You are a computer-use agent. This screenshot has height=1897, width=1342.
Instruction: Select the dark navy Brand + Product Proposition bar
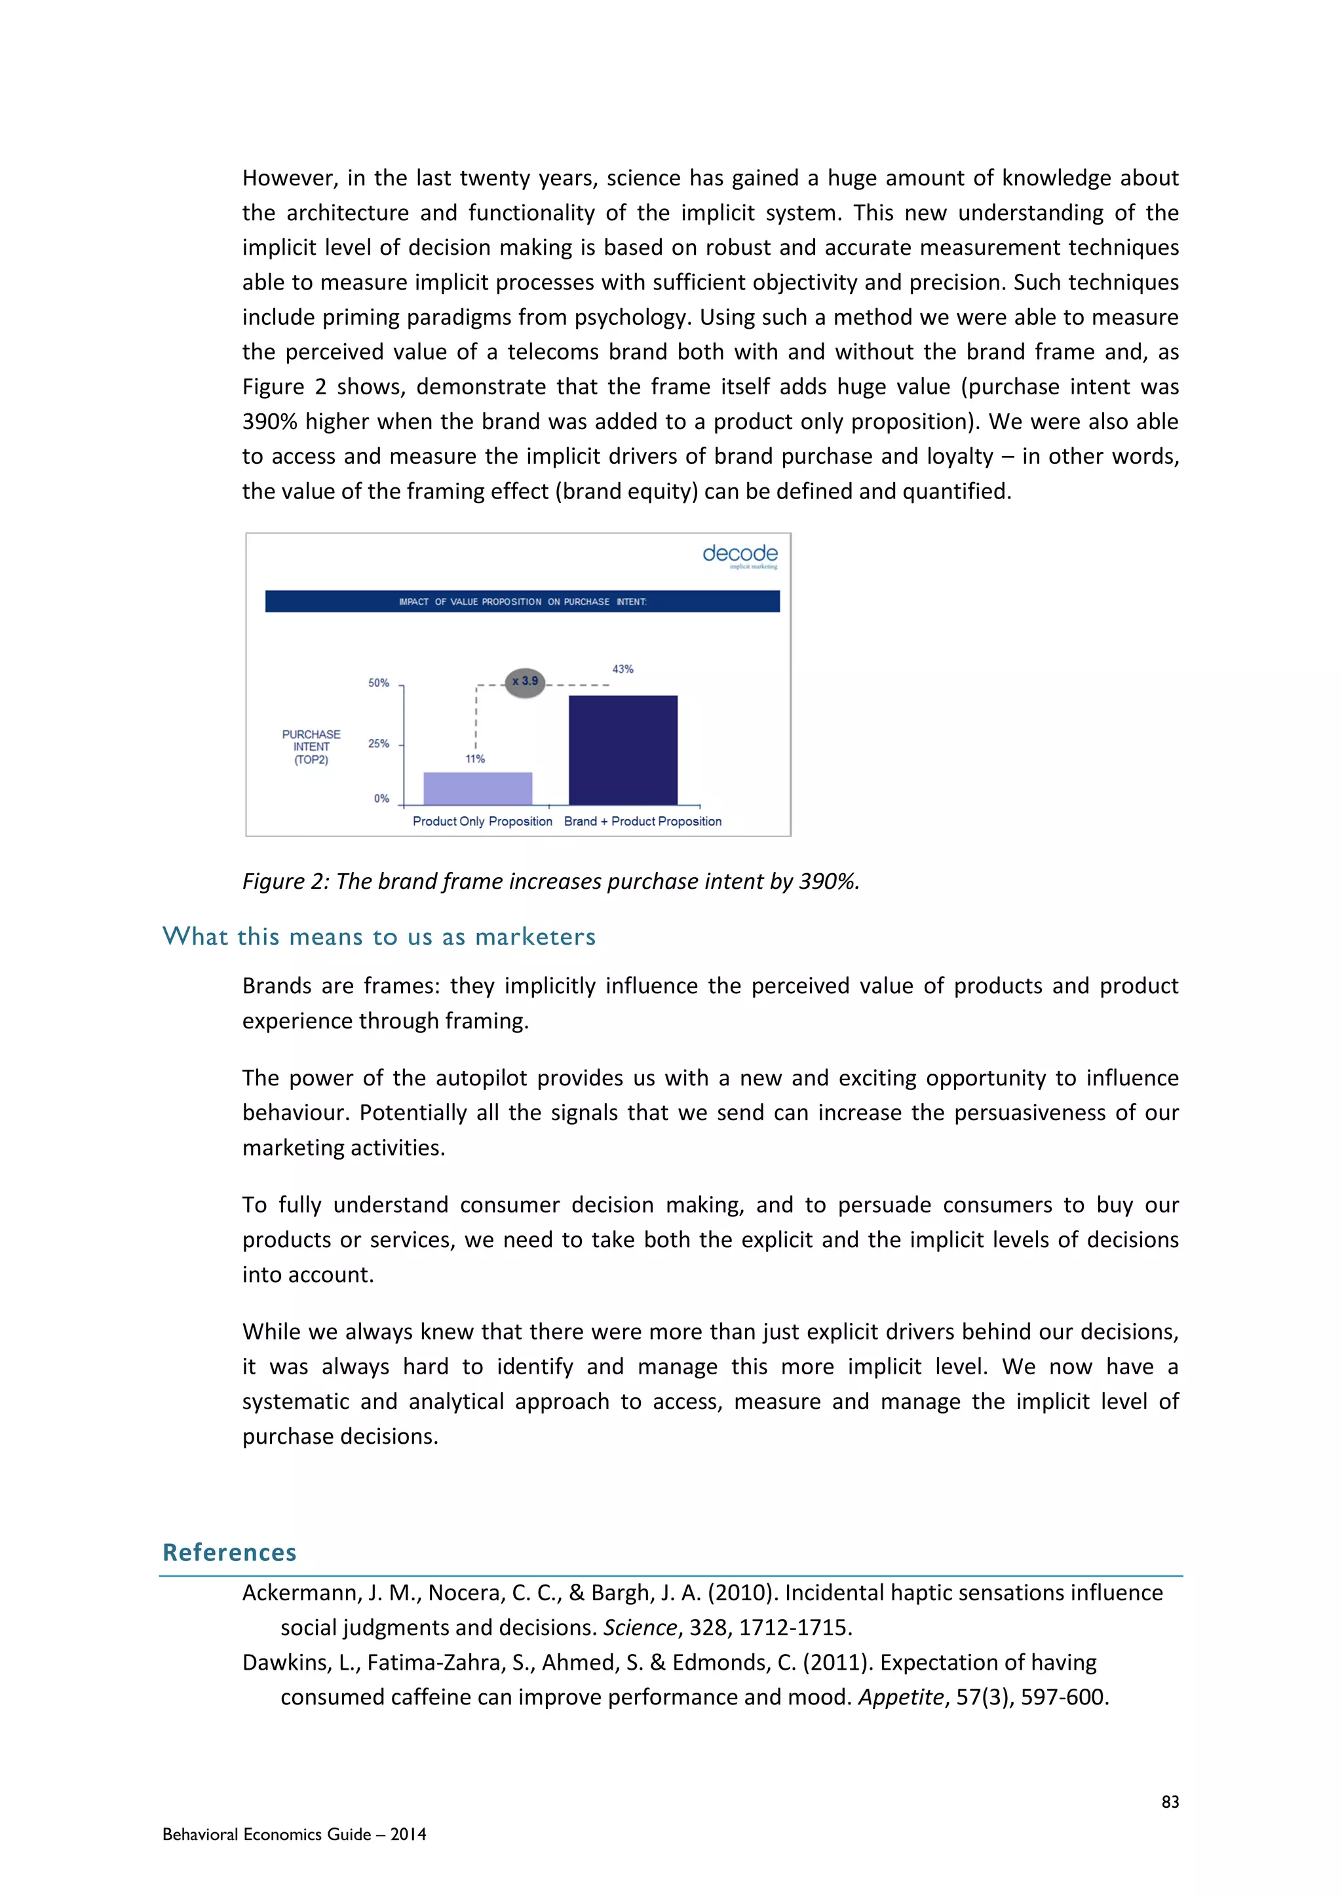[623, 749]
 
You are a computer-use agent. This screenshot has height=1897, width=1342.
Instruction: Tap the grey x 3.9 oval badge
[525, 682]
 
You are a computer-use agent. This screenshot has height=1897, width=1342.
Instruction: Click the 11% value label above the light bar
[475, 759]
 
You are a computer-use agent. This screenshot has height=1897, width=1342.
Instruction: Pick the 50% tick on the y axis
[379, 683]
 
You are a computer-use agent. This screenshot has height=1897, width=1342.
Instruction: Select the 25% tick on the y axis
[379, 743]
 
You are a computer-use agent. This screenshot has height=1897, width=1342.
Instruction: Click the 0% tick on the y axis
[381, 798]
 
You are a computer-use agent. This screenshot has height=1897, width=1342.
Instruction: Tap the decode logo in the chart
[740, 554]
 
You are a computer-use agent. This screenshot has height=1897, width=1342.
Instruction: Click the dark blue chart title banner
[522, 601]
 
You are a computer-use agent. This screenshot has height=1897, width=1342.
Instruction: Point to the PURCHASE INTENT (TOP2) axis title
[311, 746]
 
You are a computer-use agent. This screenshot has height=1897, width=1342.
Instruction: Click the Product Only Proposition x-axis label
[482, 821]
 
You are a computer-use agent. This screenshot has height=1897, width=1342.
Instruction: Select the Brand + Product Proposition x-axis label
[642, 821]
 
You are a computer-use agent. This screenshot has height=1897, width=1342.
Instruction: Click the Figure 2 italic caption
[550, 881]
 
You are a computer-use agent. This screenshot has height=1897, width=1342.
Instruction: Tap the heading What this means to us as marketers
[379, 936]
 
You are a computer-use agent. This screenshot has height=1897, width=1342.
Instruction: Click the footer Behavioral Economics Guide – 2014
[294, 1834]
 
